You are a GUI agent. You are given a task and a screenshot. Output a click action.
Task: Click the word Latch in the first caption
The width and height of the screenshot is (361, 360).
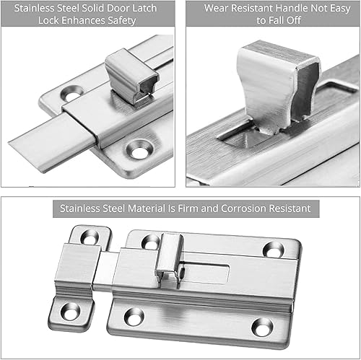(144, 8)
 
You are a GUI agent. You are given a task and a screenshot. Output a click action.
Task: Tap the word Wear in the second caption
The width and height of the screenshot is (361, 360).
(216, 8)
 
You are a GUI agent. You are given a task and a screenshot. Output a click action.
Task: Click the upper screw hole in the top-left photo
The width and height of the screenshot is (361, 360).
(71, 94)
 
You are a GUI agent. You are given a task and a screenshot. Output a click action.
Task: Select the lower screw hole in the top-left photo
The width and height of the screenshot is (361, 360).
(139, 149)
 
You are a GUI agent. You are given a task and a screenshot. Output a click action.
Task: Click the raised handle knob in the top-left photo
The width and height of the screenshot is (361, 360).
(131, 76)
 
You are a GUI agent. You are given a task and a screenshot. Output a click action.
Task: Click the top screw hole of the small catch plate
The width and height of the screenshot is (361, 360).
(90, 237)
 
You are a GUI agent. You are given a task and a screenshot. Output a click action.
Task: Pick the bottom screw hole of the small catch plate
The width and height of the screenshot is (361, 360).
(71, 312)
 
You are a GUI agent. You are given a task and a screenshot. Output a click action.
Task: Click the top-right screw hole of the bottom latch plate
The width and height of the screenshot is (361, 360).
(273, 249)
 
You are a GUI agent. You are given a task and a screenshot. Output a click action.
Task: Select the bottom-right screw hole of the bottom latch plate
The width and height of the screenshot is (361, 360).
(262, 327)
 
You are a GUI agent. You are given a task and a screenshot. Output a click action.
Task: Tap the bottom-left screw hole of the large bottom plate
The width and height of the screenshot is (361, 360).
(134, 317)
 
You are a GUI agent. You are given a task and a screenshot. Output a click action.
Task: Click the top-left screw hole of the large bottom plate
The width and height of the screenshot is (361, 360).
(151, 242)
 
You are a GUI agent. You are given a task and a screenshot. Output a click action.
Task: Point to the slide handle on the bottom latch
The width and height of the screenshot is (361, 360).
(170, 260)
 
